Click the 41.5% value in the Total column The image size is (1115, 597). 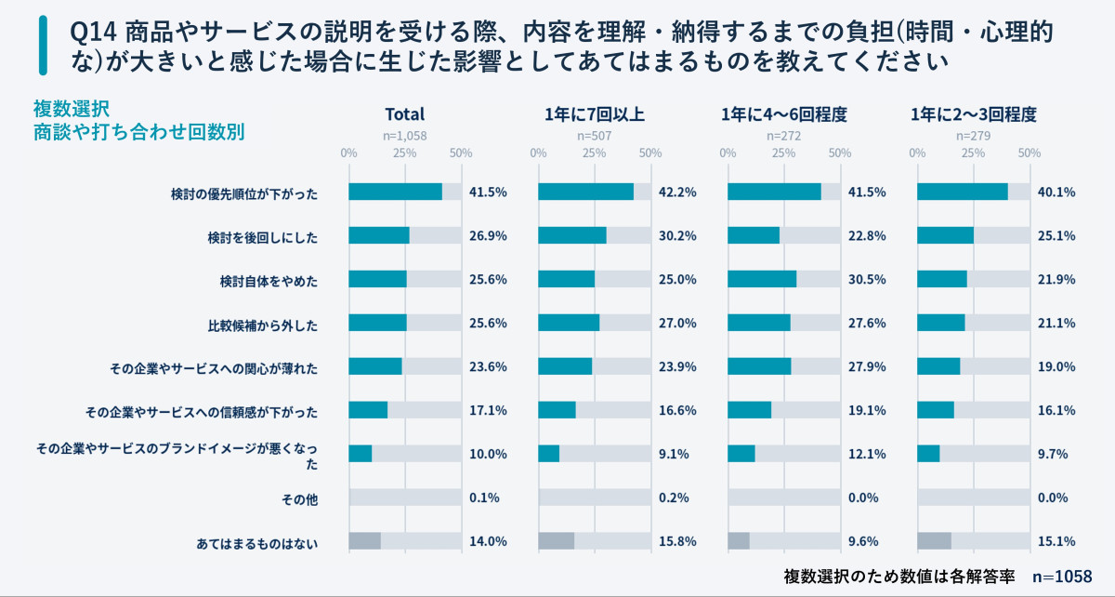click(488, 192)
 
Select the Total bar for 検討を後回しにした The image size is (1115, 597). click(379, 235)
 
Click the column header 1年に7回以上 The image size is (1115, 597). click(595, 115)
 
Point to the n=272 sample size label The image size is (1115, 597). click(783, 136)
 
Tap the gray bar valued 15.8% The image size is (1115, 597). click(557, 541)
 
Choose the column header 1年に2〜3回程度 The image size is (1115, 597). click(973, 115)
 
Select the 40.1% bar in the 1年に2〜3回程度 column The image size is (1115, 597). click(962, 192)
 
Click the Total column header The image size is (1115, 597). click(404, 115)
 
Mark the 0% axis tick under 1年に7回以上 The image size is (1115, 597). click(538, 153)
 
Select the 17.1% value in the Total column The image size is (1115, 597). click(488, 411)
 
